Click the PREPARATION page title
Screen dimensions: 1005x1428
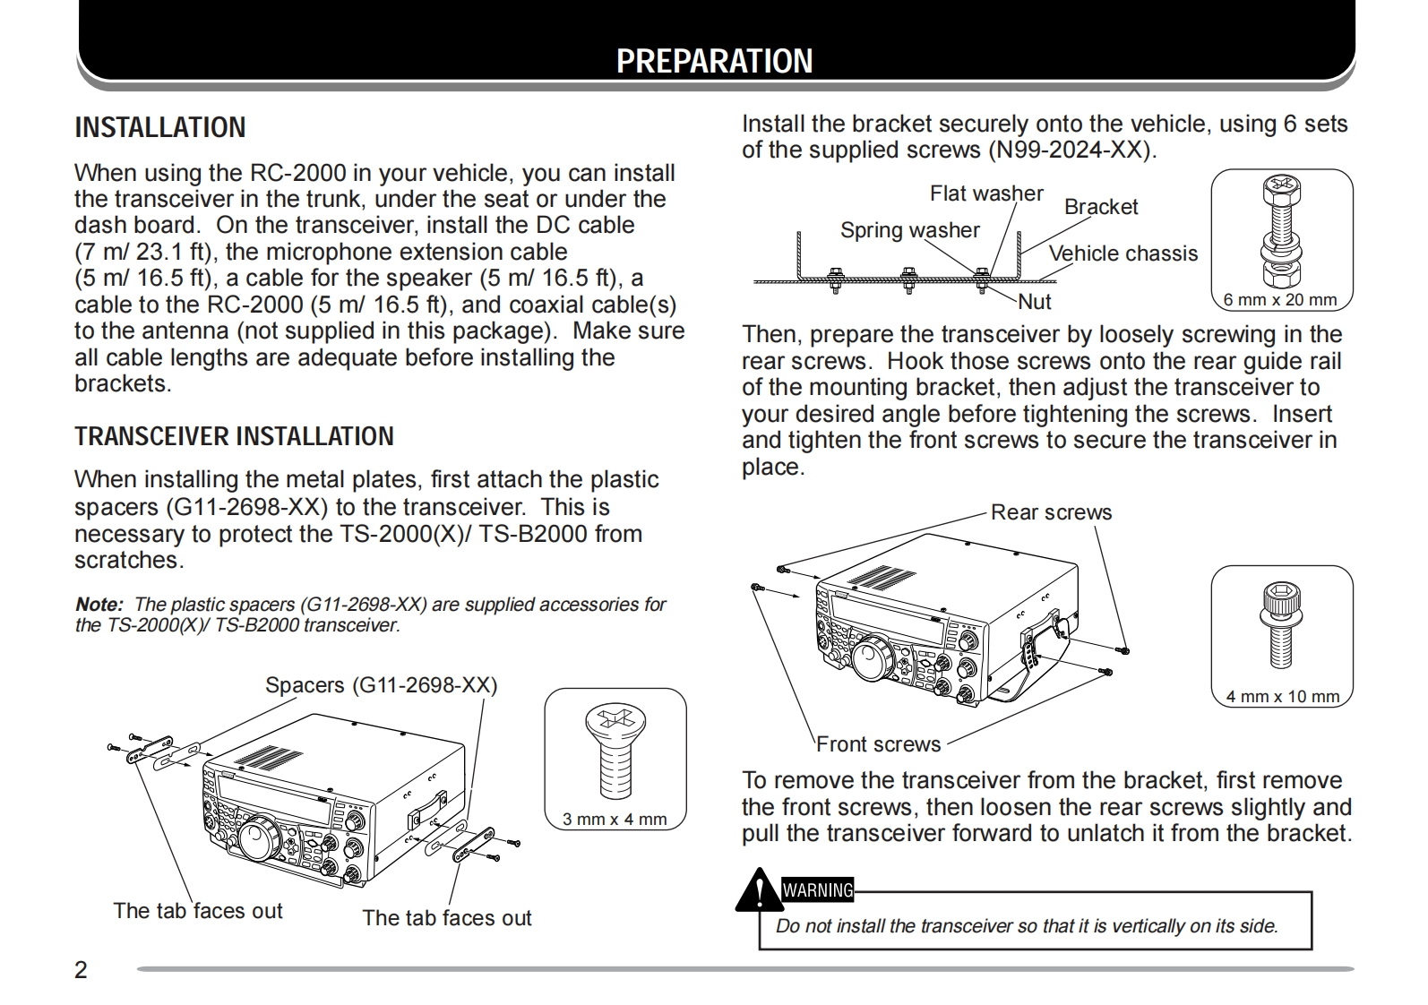714,61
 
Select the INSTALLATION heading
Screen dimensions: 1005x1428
159,128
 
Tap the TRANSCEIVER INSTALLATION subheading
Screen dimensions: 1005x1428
234,437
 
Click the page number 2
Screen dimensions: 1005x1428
82,970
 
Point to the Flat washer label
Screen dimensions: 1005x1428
985,193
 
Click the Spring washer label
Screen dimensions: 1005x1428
909,230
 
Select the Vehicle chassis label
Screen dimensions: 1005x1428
1123,253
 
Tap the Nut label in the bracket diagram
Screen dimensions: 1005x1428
1035,302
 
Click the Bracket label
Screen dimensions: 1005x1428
1100,207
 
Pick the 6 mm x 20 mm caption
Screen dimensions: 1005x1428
1279,300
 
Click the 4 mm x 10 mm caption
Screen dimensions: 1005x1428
1282,696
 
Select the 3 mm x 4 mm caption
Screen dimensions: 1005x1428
615,819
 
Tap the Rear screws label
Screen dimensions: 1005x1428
1051,512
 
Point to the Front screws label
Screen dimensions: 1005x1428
878,744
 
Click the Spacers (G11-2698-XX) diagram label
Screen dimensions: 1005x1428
381,685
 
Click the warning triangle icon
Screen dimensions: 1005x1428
758,890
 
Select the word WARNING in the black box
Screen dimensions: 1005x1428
818,890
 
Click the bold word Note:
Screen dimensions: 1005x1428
99,605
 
